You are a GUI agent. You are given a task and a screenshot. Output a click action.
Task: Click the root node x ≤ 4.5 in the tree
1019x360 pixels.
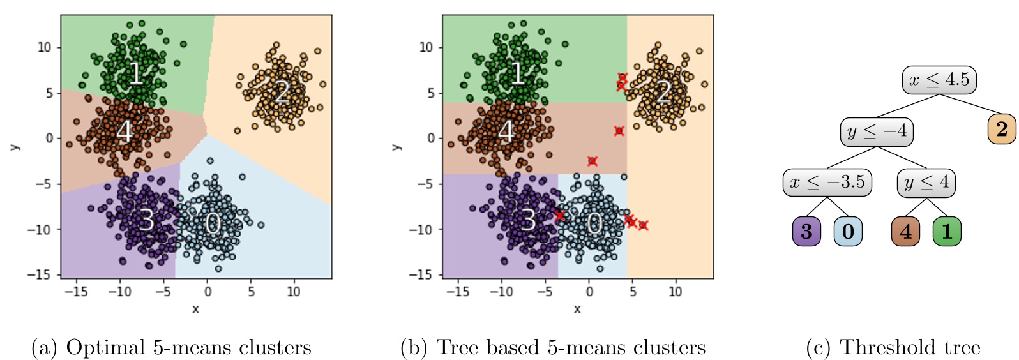(939, 80)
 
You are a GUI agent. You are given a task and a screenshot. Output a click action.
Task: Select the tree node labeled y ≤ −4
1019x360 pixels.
(876, 131)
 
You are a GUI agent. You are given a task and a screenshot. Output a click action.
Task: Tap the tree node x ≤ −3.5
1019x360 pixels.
(827, 183)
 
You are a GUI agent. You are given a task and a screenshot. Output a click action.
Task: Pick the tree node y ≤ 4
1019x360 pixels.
(926, 183)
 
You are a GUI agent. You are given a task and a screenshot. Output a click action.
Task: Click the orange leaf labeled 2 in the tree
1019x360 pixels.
(1001, 130)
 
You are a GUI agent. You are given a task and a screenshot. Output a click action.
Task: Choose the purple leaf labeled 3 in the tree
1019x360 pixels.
(806, 232)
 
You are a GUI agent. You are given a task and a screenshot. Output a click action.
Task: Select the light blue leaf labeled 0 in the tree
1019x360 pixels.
(847, 232)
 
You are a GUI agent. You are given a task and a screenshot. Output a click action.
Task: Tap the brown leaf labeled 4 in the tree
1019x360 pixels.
(905, 232)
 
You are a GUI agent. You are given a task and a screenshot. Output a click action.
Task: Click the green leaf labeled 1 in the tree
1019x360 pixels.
(947, 232)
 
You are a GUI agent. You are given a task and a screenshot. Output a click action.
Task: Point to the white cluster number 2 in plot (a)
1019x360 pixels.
(282, 93)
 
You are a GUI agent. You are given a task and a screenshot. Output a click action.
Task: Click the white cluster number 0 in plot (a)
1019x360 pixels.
(213, 223)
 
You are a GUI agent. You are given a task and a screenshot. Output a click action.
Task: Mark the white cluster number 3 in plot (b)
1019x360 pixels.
(527, 220)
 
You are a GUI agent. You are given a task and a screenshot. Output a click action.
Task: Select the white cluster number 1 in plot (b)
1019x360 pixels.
(518, 73)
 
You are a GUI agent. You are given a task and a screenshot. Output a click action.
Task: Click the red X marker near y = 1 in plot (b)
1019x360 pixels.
(619, 131)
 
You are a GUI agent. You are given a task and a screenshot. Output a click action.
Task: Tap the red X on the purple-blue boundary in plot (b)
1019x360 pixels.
(559, 216)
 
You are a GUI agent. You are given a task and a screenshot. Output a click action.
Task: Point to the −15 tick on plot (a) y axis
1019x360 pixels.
(43, 275)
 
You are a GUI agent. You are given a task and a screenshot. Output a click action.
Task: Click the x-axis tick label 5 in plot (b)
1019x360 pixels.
(632, 292)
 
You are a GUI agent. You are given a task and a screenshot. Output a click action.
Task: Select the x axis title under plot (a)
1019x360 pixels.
(195, 309)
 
